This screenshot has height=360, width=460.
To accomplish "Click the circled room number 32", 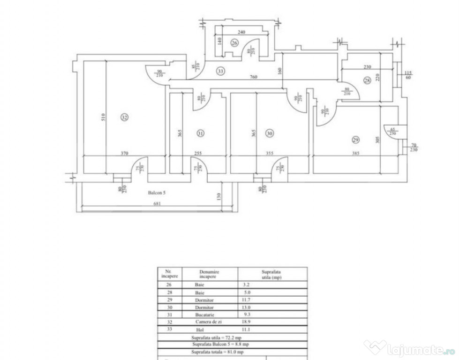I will coord(124,118).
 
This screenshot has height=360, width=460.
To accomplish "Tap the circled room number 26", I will coord(234,43).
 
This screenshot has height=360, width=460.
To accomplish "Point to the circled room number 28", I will coord(367,81).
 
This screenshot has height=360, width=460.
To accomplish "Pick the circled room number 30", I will coord(269,133).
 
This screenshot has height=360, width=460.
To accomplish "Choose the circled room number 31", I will coord(201,133).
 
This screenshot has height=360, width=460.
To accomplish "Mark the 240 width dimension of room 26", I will coord(241,32).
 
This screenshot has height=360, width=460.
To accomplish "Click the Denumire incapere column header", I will coord(209,274).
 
